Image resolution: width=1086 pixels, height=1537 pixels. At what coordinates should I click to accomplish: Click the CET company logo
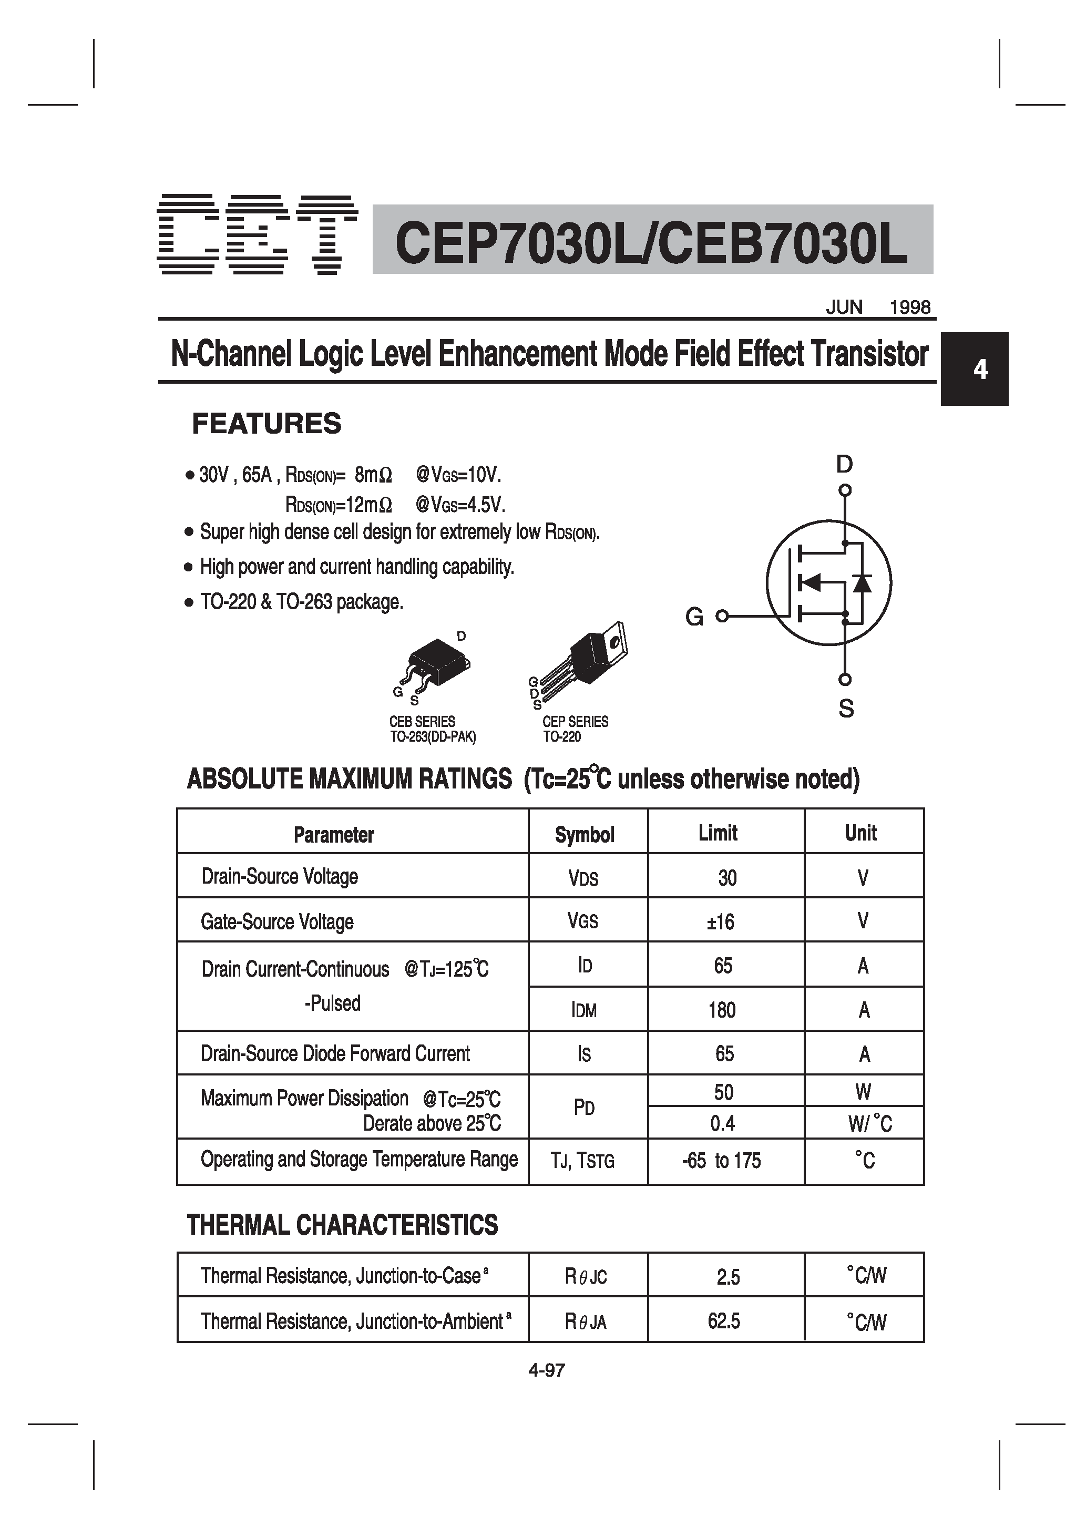[x=257, y=235]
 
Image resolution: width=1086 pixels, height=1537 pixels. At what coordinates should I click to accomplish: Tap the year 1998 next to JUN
[x=910, y=308]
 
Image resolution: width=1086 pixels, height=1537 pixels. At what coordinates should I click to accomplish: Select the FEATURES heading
[x=267, y=424]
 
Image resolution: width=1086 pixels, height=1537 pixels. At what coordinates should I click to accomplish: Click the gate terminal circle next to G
[x=722, y=617]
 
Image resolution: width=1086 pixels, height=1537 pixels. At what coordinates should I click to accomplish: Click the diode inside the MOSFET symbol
[x=861, y=582]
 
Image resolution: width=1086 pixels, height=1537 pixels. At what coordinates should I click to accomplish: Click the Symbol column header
[x=585, y=835]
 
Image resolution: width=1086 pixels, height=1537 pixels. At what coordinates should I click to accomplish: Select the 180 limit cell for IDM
[x=722, y=1009]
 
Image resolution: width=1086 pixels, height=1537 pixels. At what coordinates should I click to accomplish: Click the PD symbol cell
[x=585, y=1107]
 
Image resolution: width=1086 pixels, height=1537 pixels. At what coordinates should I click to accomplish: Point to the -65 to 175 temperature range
[x=721, y=1160]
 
